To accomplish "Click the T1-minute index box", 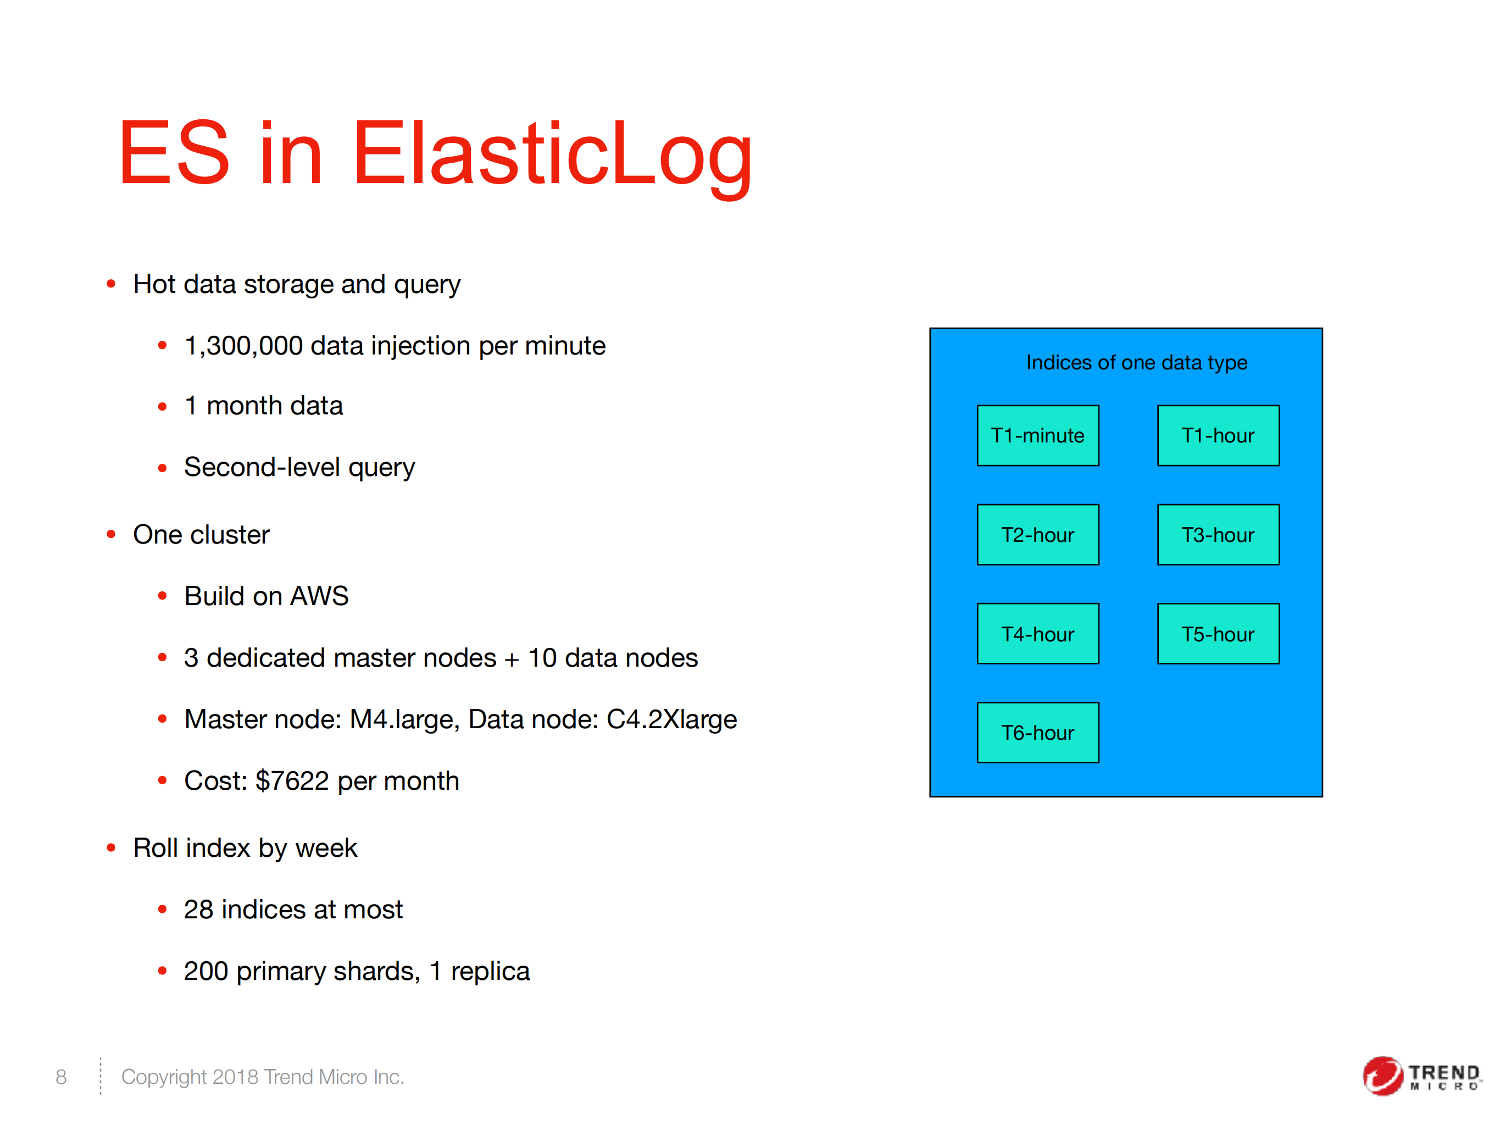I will pos(1037,435).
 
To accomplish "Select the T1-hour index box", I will pos(1218,435).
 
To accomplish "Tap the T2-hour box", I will pos(1037,534).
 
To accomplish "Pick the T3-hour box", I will pos(1218,534).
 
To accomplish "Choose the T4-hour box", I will pos(1037,633).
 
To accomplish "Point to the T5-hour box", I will pos(1218,633).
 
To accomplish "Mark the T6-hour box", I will pos(1037,733).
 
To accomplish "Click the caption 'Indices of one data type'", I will pos(1136,363).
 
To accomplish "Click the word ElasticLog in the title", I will pos(552,154).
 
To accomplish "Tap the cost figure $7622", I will pos(292,781).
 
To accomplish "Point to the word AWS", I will pos(319,596).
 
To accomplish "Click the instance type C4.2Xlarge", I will pos(671,719).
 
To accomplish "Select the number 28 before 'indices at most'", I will pos(198,910).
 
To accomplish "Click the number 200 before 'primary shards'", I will pos(205,971).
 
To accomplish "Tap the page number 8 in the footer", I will pos(61,1077).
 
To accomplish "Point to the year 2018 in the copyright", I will pos(235,1077).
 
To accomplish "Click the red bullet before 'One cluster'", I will pos(111,534).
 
